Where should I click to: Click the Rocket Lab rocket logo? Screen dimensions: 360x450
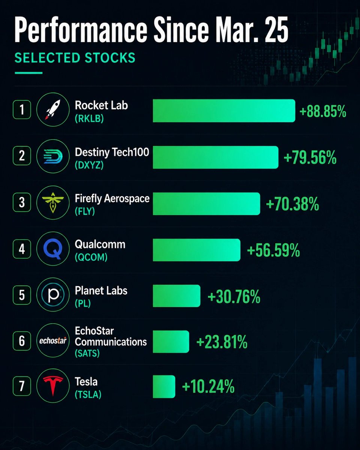pos(53,109)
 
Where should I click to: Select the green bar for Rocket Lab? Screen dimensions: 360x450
pos(224,111)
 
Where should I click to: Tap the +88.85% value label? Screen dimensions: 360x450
pos(323,111)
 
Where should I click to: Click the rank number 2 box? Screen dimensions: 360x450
pos(22,156)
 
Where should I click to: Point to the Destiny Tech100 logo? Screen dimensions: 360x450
pos(53,156)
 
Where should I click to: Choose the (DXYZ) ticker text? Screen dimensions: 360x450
pos(89,165)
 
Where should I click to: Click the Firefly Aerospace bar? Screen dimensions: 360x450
pos(207,204)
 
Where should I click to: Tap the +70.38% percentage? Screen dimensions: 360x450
pos(292,204)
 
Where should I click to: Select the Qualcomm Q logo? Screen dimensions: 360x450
pos(53,249)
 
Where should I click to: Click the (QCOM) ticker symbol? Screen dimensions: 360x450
pos(91,257)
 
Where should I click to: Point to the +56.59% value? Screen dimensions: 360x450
pos(273,250)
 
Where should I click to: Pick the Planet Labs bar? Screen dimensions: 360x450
pos(177,296)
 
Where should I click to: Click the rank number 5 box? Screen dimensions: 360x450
pos(22,295)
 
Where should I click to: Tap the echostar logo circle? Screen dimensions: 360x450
pos(53,340)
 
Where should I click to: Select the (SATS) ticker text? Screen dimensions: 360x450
pos(87,353)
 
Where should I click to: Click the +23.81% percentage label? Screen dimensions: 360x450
pos(222,342)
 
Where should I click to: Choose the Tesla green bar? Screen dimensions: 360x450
pos(164,387)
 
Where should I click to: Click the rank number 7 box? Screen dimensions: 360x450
pos(22,386)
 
